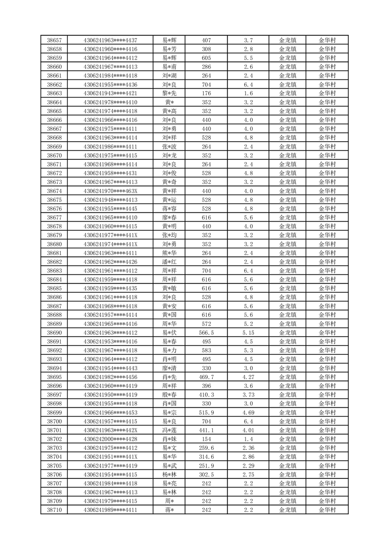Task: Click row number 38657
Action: [54, 40]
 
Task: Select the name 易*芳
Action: [170, 49]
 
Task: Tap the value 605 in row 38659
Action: [206, 58]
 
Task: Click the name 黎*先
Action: [170, 93]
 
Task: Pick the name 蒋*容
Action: [170, 208]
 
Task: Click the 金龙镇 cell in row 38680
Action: [287, 244]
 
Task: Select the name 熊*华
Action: [170, 253]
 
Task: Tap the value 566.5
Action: [206, 332]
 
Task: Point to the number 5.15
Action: [248, 332]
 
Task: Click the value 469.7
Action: [206, 377]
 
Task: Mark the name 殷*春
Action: [170, 395]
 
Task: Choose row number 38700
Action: [54, 421]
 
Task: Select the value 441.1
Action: [206, 430]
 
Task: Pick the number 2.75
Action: [248, 475]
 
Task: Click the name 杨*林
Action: [170, 475]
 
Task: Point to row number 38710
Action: [54, 510]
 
